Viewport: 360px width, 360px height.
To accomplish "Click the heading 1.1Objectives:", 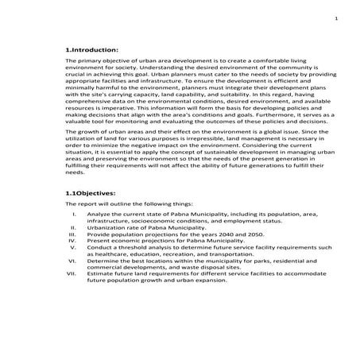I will point(94,193).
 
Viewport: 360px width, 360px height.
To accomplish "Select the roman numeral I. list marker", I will point(73,214).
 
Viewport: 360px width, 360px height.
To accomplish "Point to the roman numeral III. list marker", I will point(72,234).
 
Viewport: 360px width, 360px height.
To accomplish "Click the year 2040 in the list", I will point(214,234).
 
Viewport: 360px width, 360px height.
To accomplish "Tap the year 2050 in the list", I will point(242,234).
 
